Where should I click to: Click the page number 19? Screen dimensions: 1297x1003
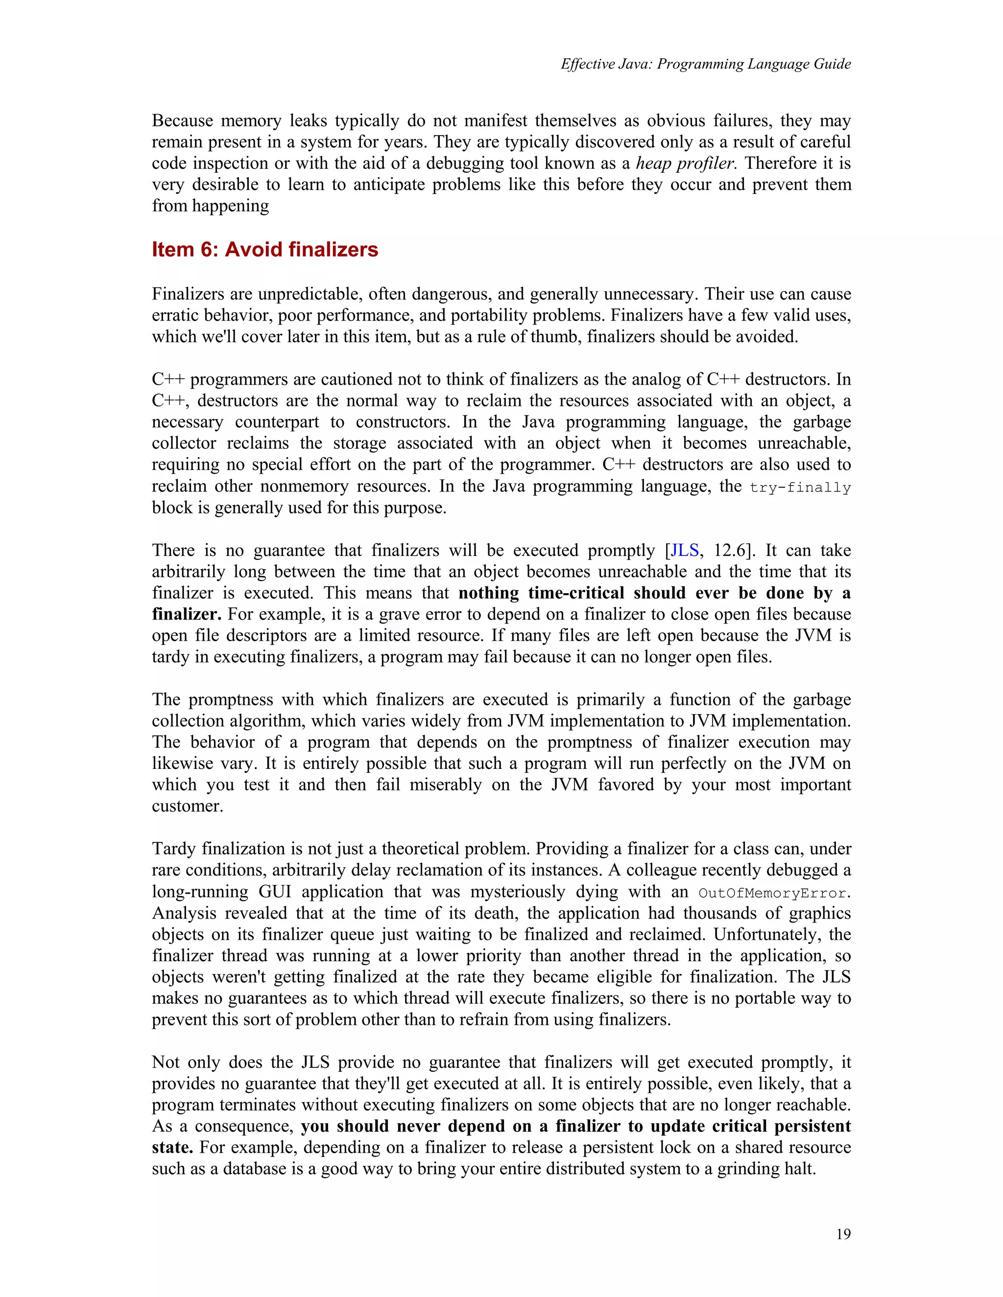point(843,1234)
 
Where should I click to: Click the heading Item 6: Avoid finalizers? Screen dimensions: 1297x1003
point(265,250)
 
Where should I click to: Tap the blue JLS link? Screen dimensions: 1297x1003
point(685,550)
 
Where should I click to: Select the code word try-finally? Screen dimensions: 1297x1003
point(800,487)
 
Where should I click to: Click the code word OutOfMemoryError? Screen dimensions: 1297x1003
point(772,893)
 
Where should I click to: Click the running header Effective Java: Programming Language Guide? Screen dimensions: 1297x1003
point(705,64)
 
